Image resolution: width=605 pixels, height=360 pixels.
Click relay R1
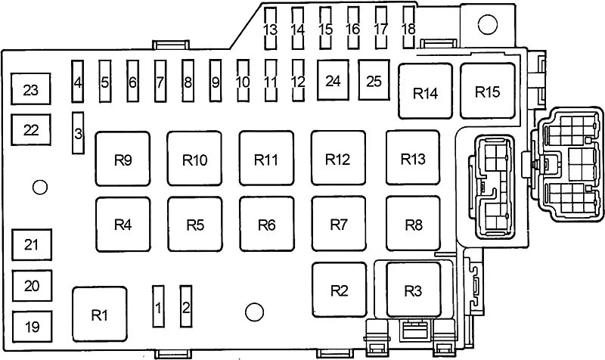tap(100, 315)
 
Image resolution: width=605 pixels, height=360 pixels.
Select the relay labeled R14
tap(425, 91)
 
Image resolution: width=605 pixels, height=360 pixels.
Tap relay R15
tap(488, 91)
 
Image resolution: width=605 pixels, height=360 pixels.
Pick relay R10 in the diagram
tap(194, 159)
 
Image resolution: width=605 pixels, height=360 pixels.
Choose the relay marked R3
tap(414, 290)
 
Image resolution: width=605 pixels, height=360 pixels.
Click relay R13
tap(413, 158)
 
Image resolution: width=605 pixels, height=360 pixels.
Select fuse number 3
tap(79, 133)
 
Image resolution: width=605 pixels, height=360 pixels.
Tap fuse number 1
tap(158, 307)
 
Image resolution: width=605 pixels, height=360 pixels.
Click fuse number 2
tap(186, 307)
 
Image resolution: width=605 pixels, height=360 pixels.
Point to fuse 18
tap(408, 28)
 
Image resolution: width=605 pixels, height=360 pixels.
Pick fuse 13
tap(271, 28)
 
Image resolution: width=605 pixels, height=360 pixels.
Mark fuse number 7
tap(160, 82)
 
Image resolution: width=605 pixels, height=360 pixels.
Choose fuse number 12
tap(298, 81)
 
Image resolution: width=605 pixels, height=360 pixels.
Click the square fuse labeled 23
tap(30, 89)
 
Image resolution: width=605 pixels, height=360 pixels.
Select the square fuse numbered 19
tap(32, 326)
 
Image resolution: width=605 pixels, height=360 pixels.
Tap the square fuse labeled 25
tap(374, 80)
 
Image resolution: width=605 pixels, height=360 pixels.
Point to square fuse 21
tap(32, 244)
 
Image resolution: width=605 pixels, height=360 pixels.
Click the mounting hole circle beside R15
tap(487, 24)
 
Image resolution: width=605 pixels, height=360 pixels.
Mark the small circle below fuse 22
tap(40, 187)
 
